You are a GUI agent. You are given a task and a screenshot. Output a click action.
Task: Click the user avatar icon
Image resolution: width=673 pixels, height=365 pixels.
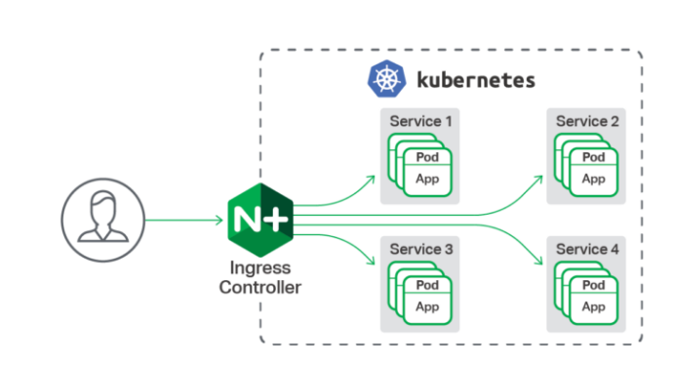click(103, 220)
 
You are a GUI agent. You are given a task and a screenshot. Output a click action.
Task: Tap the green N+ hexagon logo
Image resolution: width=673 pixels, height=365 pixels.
click(260, 220)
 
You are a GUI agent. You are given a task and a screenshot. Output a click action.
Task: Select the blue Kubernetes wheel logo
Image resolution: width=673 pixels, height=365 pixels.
click(386, 79)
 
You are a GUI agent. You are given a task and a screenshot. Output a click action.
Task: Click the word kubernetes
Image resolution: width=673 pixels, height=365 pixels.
click(476, 80)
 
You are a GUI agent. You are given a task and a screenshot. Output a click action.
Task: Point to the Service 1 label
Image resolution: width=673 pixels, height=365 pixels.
click(420, 121)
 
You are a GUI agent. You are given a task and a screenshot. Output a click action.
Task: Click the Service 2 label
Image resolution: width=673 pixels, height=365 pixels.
click(587, 121)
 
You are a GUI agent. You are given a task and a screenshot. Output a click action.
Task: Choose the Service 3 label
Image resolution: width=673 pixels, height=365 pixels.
click(421, 249)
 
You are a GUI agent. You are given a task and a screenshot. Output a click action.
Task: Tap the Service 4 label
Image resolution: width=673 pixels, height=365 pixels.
click(587, 249)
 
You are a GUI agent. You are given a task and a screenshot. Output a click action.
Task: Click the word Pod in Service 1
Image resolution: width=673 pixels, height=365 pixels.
click(427, 157)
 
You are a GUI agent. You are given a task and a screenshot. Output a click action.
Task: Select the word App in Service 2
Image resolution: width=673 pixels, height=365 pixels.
click(594, 179)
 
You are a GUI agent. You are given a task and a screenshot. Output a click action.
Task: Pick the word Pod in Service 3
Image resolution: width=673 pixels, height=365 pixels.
click(427, 285)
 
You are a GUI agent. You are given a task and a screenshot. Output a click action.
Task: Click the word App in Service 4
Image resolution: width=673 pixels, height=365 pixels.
click(594, 306)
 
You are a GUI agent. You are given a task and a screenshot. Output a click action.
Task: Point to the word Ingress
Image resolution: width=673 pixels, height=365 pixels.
click(260, 268)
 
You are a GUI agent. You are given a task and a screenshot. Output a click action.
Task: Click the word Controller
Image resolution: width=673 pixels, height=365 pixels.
click(260, 287)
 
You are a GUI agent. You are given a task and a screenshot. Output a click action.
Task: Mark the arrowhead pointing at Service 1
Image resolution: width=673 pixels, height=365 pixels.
click(371, 180)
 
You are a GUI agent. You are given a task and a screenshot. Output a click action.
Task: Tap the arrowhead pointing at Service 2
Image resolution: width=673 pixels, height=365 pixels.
click(538, 180)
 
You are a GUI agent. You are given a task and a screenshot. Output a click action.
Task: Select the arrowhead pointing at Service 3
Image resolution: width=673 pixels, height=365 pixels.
click(371, 261)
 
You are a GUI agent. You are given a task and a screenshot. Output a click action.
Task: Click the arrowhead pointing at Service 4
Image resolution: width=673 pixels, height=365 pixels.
click(538, 261)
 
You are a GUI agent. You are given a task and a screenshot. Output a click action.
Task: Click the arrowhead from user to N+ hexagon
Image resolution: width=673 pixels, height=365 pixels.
click(219, 221)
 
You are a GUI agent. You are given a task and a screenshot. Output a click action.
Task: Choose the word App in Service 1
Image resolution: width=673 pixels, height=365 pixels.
click(427, 179)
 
